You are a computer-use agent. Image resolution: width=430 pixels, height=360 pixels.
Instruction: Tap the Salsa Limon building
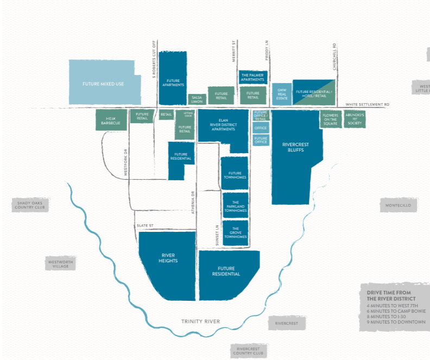click(x=197, y=99)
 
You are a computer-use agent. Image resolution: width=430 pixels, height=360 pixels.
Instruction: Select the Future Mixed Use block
click(x=102, y=83)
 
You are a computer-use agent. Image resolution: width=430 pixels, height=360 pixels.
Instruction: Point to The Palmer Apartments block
click(x=252, y=77)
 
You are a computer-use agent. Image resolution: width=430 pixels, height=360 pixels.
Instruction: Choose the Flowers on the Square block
click(x=330, y=119)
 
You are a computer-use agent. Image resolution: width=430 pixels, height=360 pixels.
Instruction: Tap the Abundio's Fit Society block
click(x=355, y=119)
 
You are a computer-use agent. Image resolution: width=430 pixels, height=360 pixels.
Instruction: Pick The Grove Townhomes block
click(x=236, y=232)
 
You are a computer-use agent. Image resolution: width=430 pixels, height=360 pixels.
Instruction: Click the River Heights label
click(x=169, y=258)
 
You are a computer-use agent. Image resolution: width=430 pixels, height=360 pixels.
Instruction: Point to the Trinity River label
click(x=201, y=321)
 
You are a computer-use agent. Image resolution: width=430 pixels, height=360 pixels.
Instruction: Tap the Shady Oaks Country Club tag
click(x=32, y=205)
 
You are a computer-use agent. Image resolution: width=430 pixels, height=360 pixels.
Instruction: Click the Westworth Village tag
click(x=60, y=264)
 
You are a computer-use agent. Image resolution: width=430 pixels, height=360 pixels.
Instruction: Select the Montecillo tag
click(x=399, y=206)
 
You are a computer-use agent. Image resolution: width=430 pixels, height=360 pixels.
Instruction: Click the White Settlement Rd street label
click(x=368, y=104)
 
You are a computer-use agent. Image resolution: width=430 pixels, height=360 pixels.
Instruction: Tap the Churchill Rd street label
click(x=335, y=57)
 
